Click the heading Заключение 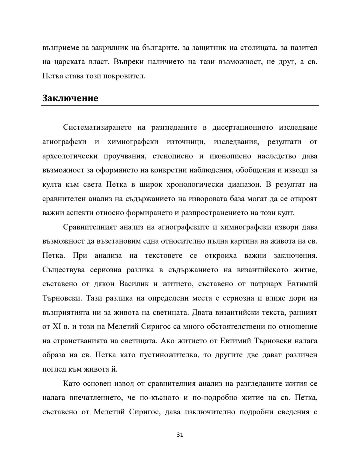coord(70,98)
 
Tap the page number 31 coord(180,435)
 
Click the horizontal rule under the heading coord(180,106)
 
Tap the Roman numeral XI coord(56,327)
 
